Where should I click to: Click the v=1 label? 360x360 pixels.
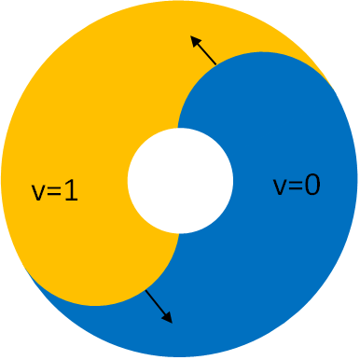point(54,192)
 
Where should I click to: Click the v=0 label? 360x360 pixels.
point(297,185)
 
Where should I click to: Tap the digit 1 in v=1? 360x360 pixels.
point(72,192)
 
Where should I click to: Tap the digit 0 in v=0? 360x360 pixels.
point(312,185)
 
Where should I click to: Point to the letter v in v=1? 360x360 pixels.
point(37,194)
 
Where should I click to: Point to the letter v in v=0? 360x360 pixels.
point(279,187)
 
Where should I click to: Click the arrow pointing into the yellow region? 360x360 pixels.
point(203,50)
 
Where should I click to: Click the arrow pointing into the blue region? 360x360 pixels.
point(159,307)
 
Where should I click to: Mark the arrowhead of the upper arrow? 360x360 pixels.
point(193,39)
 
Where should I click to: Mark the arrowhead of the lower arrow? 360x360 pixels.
point(169,320)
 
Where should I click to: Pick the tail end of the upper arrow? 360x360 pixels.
point(215,64)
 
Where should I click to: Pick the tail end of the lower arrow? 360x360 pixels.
point(146,292)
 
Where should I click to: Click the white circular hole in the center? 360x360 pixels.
point(180,180)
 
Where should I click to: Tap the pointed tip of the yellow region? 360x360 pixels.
point(331,85)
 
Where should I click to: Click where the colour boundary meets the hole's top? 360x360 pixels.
point(179,128)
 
